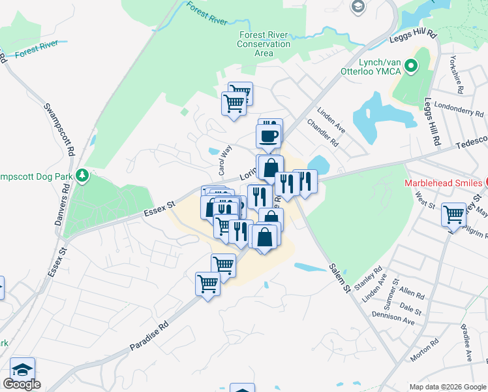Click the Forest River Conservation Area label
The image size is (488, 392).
[264, 44]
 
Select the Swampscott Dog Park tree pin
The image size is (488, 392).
[82, 175]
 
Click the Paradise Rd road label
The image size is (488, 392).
[149, 335]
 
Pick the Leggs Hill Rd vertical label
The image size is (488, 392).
[433, 123]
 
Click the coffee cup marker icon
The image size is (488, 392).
[269, 136]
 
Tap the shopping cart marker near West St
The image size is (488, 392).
[453, 213]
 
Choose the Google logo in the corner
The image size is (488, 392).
[22, 384]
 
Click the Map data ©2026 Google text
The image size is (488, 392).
[448, 387]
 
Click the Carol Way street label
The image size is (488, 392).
[225, 160]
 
